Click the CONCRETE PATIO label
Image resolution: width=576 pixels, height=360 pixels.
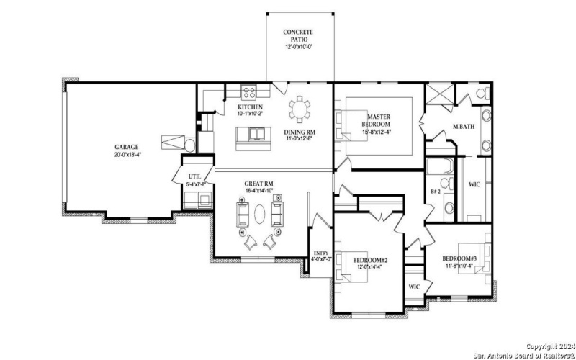click(x=298, y=34)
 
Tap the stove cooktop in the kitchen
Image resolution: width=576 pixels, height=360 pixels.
click(x=249, y=92)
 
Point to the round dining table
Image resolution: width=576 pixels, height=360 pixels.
click(x=300, y=111)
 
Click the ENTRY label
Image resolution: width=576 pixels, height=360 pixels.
click(x=320, y=253)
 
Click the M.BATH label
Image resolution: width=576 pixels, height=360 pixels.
click(x=462, y=127)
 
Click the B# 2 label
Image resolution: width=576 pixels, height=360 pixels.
click(x=436, y=192)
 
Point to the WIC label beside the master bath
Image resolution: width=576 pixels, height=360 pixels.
click(x=474, y=184)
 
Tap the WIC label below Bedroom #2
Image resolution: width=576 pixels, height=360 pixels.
click(x=413, y=287)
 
